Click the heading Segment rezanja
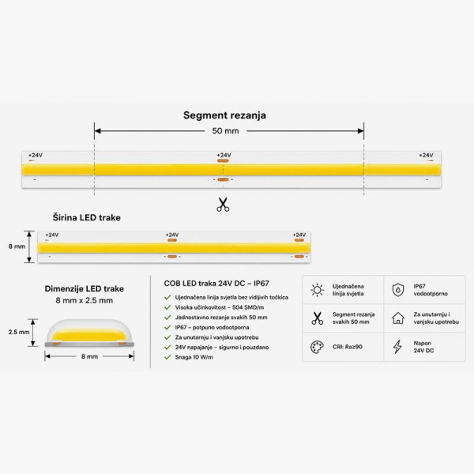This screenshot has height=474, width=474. [x=224, y=115]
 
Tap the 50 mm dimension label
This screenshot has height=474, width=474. [x=225, y=131]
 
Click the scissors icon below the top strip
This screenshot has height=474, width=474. [x=223, y=205]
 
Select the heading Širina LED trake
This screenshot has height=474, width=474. [x=86, y=218]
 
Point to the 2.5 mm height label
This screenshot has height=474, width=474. [x=19, y=332]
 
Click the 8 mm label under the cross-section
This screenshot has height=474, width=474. [x=89, y=356]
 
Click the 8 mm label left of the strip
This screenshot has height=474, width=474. [x=17, y=246]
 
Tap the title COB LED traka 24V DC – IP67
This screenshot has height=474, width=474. [x=216, y=284]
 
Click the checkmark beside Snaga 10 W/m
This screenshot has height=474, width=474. [x=167, y=357]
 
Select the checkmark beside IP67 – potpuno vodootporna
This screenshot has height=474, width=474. [x=167, y=327]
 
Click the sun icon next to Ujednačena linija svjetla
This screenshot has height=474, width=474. [x=317, y=290]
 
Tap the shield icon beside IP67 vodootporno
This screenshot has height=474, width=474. [x=398, y=290]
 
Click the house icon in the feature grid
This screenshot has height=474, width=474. [x=398, y=318]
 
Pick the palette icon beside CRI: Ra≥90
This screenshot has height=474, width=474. [x=317, y=347]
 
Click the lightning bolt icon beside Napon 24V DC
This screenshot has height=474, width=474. [x=397, y=347]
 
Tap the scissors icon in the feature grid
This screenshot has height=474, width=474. [x=317, y=318]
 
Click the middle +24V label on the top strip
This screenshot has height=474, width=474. [x=224, y=155]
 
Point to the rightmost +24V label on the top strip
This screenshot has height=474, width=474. [x=426, y=155]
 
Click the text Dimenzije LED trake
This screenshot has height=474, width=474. [x=85, y=288]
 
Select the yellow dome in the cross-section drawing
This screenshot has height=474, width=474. [x=89, y=335]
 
